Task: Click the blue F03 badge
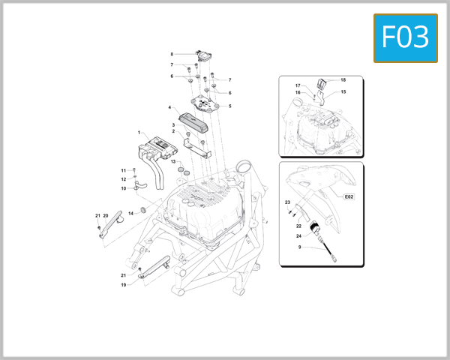[x=405, y=37]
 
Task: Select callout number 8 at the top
[x=172, y=54]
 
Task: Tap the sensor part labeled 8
[x=203, y=55]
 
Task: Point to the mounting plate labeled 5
[x=205, y=103]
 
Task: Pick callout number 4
[x=170, y=107]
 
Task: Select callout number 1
[x=139, y=133]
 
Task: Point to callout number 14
[x=130, y=214]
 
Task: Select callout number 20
[x=106, y=216]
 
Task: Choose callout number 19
[x=123, y=285]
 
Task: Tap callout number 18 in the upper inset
[x=343, y=79]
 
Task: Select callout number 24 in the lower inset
[x=298, y=235]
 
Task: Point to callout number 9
[x=299, y=247]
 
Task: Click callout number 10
[x=123, y=188]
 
